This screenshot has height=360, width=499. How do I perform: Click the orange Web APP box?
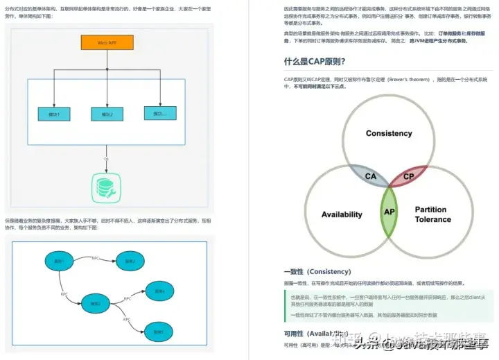[107, 42]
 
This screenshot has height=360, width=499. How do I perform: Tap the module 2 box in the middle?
[107, 114]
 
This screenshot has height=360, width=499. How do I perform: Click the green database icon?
[107, 186]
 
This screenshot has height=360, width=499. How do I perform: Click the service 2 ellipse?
[130, 261]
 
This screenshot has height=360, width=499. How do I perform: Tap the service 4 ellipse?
[159, 291]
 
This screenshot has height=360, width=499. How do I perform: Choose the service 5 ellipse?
[158, 331]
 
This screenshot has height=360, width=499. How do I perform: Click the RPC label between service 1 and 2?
[95, 258]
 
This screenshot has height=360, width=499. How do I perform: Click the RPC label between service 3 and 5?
[127, 319]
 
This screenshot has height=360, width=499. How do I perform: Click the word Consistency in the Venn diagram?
[389, 133]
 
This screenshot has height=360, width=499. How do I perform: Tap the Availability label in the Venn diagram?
[342, 214]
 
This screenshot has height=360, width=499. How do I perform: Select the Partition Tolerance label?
[432, 214]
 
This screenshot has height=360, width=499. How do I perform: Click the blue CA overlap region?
[370, 176]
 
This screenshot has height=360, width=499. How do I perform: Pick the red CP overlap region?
[408, 176]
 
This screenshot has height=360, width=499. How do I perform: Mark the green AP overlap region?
[389, 212]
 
